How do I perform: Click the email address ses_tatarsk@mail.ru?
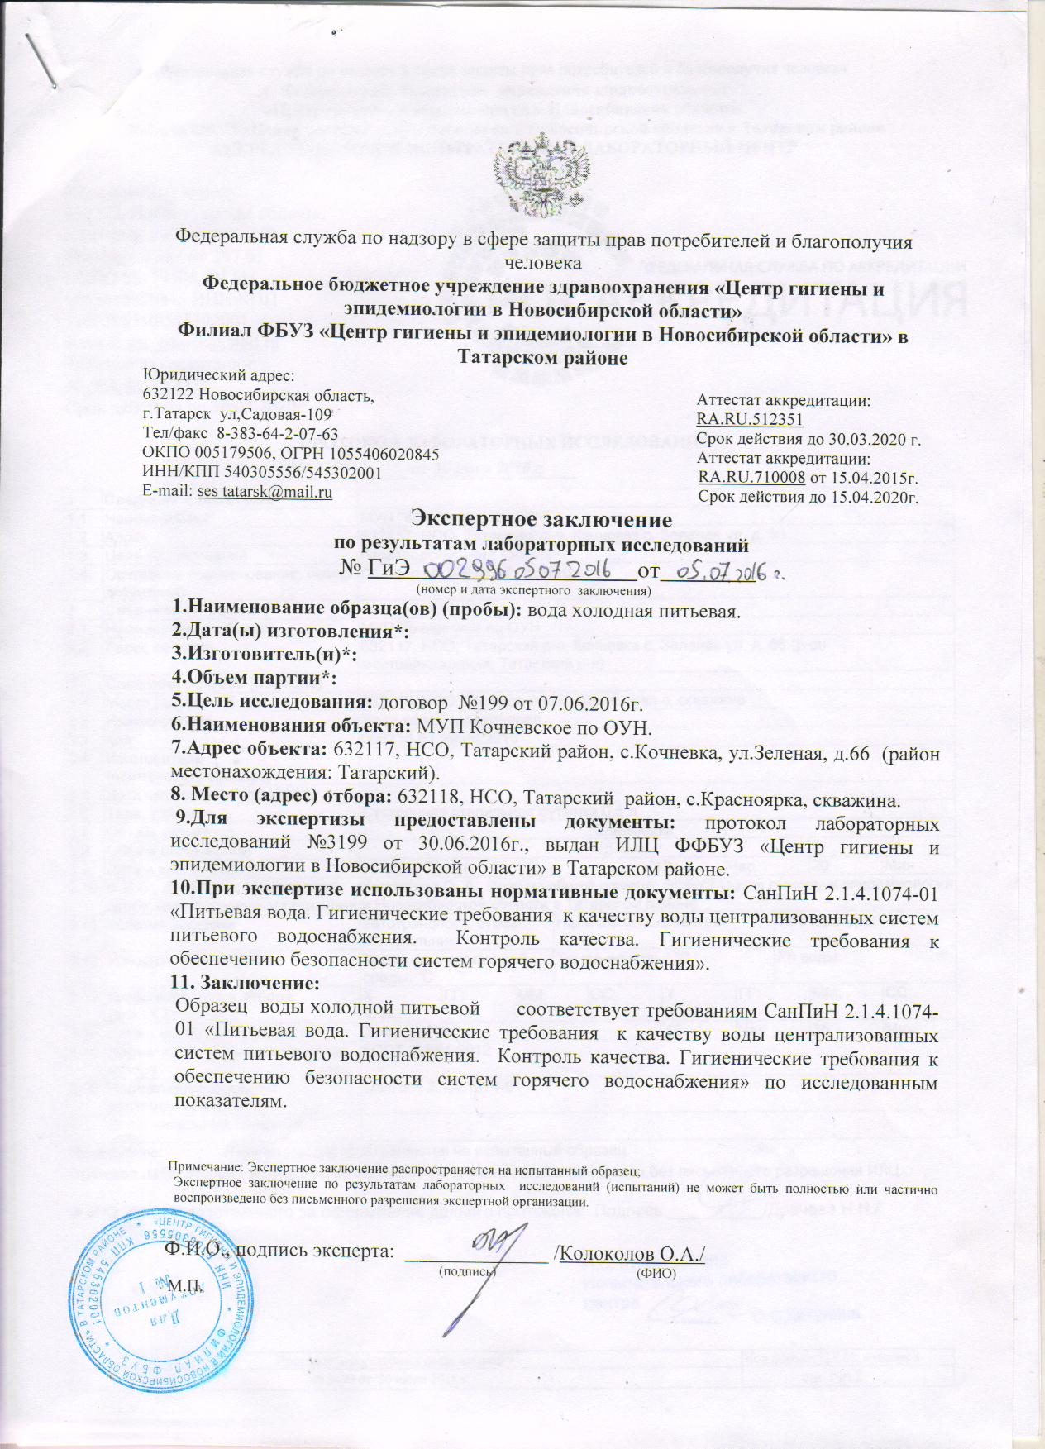tap(264, 492)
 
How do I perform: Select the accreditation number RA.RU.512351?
tap(751, 419)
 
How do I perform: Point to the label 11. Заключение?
tap(244, 985)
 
